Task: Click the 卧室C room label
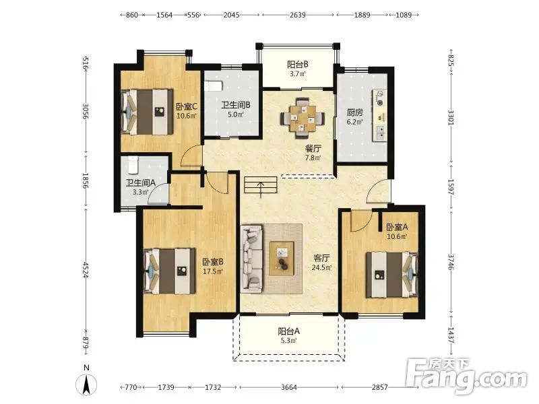(186, 106)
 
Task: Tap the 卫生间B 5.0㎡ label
(235, 109)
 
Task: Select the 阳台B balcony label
(298, 64)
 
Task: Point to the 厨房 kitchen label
(355, 112)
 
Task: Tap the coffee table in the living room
(282, 259)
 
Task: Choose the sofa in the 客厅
(251, 259)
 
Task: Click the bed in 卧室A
(391, 275)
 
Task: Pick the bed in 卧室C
(147, 112)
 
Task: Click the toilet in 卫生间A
(132, 165)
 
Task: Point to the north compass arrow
(87, 384)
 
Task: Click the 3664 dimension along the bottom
(289, 387)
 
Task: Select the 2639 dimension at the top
(297, 15)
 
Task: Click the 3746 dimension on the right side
(451, 262)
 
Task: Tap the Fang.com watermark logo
(466, 376)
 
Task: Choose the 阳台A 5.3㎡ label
(289, 335)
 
